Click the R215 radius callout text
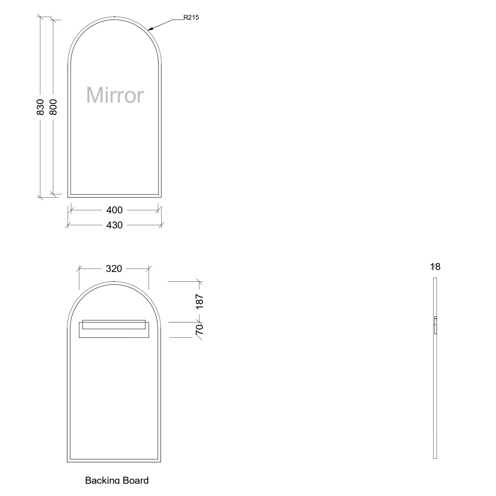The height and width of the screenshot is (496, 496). pos(191,17)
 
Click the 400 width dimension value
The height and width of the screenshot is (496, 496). pos(114,210)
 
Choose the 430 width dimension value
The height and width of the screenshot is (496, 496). pos(114,225)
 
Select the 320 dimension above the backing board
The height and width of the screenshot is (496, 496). pos(114,269)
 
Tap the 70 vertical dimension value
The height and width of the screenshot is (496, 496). pos(200,329)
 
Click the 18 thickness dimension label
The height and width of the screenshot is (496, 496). pos(435,267)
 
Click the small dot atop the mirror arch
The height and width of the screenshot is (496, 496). pos(114,17)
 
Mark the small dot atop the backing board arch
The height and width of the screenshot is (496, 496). pos(114,281)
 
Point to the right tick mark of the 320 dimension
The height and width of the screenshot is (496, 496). pos(149,269)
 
